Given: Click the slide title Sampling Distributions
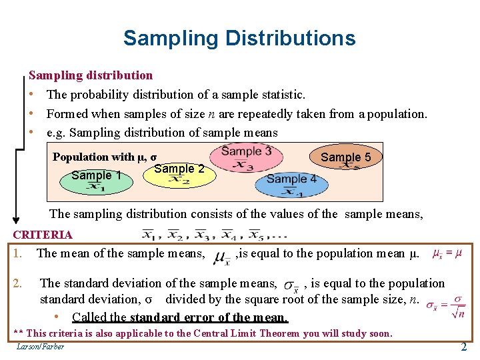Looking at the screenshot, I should [x=239, y=38].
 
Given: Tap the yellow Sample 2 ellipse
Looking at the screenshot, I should [x=179, y=172].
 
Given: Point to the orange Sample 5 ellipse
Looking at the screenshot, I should [x=345, y=158].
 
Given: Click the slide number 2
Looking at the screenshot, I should [x=464, y=347].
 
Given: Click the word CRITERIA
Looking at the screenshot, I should [x=43, y=235].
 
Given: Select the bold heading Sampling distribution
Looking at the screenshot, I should [x=91, y=75].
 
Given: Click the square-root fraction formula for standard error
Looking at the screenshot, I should [x=445, y=307].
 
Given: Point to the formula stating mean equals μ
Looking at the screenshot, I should [x=447, y=253].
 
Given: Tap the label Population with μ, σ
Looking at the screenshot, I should [x=105, y=157].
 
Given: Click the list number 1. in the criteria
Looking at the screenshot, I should [x=19, y=253].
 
